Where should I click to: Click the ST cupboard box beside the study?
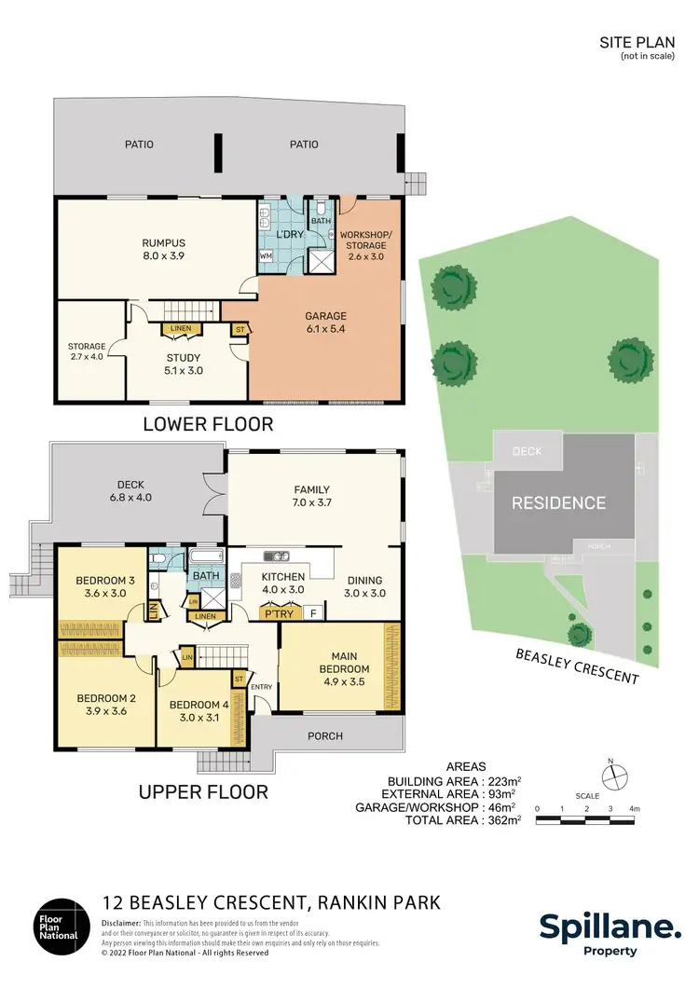[x=240, y=330]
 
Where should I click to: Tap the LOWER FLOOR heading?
[x=207, y=425]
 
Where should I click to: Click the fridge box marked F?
[x=314, y=612]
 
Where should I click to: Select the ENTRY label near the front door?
[x=263, y=687]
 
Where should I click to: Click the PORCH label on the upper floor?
[x=324, y=735]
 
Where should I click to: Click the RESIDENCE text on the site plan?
[x=557, y=503]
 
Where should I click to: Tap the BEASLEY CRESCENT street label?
[x=577, y=666]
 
